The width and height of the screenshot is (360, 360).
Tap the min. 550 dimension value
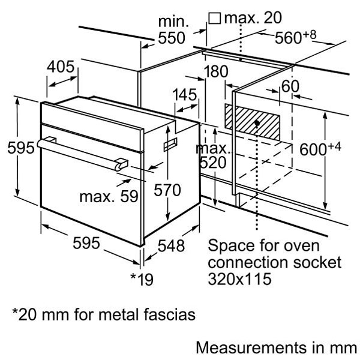click(x=172, y=30)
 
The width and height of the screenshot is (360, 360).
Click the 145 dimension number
click(x=185, y=95)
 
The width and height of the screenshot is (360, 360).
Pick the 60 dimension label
click(x=290, y=86)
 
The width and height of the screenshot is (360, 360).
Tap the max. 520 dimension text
click(x=213, y=155)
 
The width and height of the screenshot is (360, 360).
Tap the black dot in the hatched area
click(x=257, y=123)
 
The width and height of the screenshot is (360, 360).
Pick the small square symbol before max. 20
click(x=214, y=19)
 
